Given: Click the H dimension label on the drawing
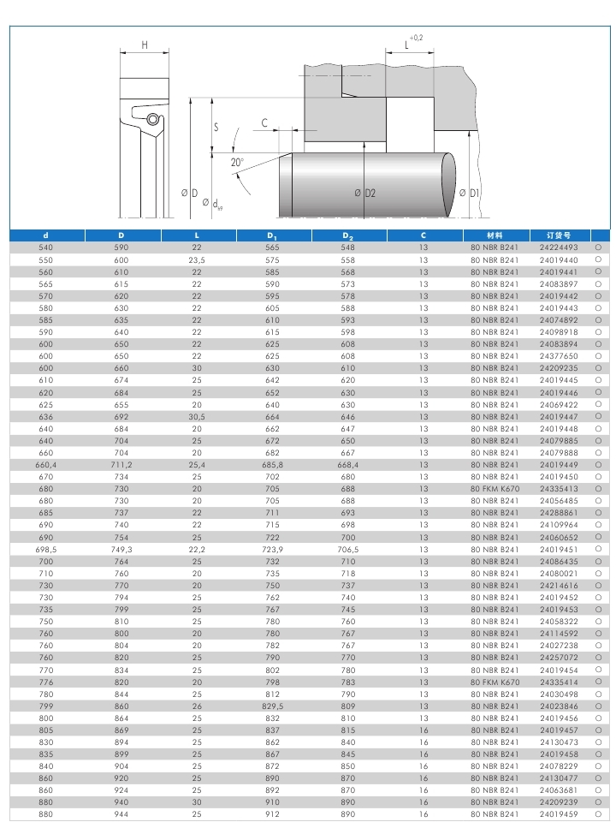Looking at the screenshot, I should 145,45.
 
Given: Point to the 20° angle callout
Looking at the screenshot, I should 237,162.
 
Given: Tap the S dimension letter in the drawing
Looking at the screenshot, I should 216,127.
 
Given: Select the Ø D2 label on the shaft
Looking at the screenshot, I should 365,194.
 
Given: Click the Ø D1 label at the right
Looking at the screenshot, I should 469,194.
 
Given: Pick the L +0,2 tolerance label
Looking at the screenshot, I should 412,43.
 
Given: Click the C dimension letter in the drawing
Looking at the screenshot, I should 264,123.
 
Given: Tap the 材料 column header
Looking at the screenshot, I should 495,235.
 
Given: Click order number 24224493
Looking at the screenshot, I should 559,247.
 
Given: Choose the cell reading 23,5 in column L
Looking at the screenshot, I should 197,259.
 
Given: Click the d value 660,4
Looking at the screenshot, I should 45,465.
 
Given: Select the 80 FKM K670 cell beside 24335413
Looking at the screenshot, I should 495,489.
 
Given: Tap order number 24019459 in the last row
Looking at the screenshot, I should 559,814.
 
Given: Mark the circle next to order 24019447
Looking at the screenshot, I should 598,417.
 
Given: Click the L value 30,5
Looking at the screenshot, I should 197,417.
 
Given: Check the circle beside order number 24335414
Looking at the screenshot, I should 598,682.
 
